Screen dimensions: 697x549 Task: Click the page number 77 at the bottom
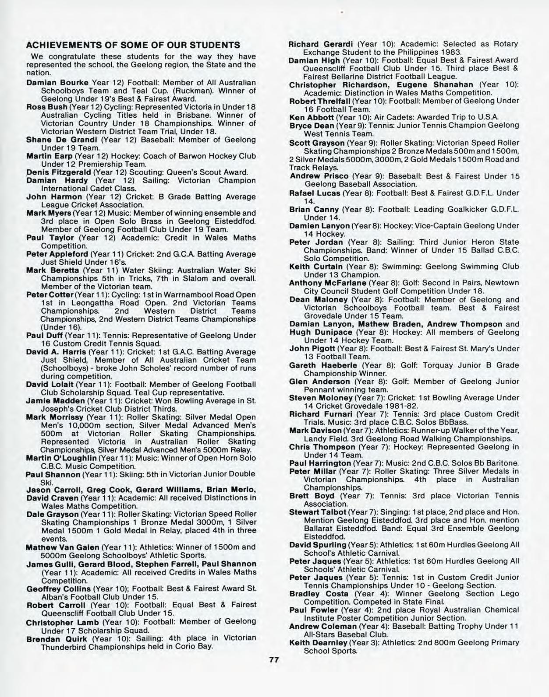coord(274,660)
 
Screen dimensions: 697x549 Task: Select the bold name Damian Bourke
coord(57,83)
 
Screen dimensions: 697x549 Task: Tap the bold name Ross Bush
coord(47,107)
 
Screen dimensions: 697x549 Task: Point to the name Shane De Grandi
coord(62,140)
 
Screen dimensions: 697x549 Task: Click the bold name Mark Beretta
coord(53,270)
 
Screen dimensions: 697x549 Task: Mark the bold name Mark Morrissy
coord(54,417)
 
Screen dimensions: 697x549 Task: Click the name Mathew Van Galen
coord(63,547)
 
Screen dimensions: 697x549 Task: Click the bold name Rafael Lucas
coord(314,193)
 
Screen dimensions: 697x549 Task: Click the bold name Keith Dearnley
coord(318,643)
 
